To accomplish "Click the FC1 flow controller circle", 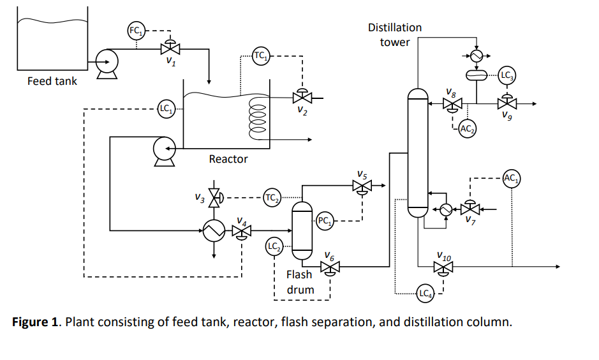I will point(135,30).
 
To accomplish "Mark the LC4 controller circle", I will point(425,294).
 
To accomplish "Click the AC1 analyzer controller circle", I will point(512,178).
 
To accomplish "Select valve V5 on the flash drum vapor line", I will point(362,186).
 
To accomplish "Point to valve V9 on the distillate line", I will point(507,103).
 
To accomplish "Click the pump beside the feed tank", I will point(106,63).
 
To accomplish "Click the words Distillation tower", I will point(395,35).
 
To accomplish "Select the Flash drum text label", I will point(299,282).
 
